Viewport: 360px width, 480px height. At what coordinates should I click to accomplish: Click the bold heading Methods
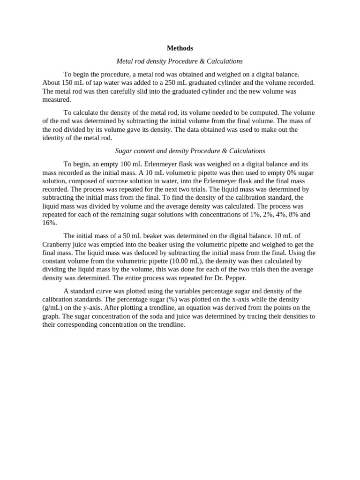coord(180,48)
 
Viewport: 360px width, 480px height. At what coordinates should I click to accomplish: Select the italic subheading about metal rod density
coord(180,61)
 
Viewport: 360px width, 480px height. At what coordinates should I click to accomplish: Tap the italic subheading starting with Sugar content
coord(190,151)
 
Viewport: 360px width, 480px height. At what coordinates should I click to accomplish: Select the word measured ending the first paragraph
coord(56,100)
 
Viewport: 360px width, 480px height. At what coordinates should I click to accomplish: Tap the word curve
coord(106,291)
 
